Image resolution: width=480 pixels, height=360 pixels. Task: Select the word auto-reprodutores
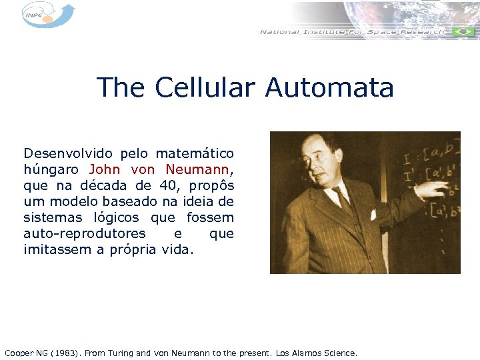click(x=84, y=233)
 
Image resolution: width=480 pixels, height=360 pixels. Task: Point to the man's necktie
click(x=344, y=199)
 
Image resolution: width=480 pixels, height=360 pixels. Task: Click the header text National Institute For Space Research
click(x=352, y=31)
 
